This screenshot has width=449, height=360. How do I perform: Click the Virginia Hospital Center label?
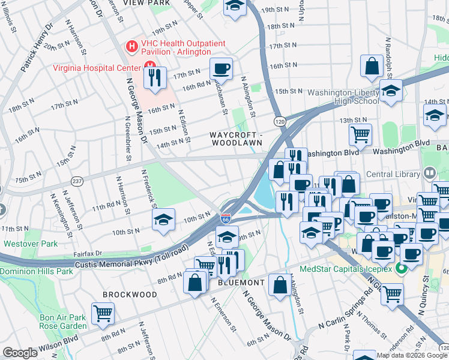(x=95, y=67)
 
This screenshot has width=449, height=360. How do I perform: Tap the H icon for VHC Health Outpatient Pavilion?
(x=130, y=46)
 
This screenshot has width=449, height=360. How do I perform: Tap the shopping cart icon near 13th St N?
(x=360, y=134)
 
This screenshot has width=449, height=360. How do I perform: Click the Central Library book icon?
(x=429, y=173)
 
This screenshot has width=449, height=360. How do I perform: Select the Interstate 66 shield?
(x=226, y=220)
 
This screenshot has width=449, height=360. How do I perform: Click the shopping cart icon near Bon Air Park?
(x=103, y=313)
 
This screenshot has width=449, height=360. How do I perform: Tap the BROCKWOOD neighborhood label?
(x=130, y=295)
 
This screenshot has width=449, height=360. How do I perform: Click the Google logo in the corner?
(x=20, y=353)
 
